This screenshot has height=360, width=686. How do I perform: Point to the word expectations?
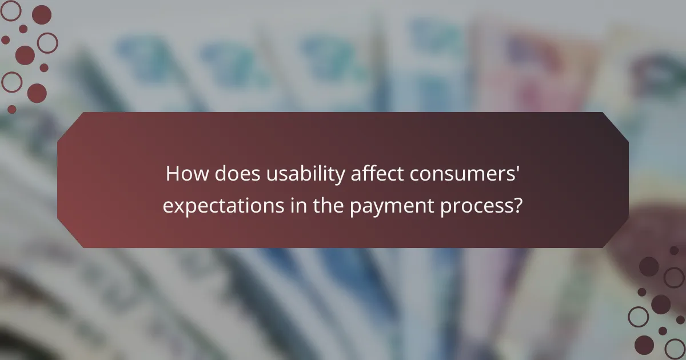click(222, 206)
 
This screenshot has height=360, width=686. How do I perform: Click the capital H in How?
click(172, 174)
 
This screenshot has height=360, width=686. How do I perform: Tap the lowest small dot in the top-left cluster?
click(11, 109)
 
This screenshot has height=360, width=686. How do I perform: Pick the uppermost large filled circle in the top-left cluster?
click(41, 14)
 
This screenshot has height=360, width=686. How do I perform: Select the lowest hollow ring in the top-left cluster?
click(11, 82)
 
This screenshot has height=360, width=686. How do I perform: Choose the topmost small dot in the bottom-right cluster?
click(674, 250)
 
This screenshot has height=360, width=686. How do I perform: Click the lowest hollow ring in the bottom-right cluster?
click(674, 348)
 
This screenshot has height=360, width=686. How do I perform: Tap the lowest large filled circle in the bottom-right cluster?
click(644, 345)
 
